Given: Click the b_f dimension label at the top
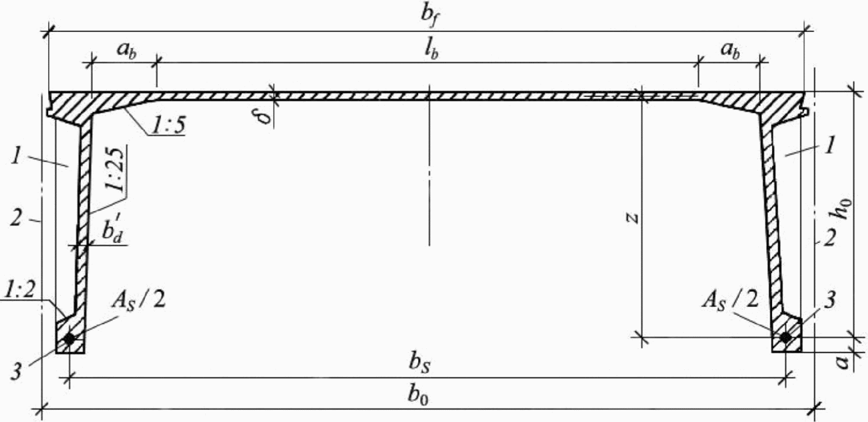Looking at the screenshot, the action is [429, 15].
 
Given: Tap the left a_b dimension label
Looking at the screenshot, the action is [126, 51].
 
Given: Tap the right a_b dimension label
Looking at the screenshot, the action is [730, 51].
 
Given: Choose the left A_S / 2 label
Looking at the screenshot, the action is [138, 302].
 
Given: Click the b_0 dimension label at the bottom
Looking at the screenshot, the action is [418, 396].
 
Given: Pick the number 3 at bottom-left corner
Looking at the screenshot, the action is [17, 372].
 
